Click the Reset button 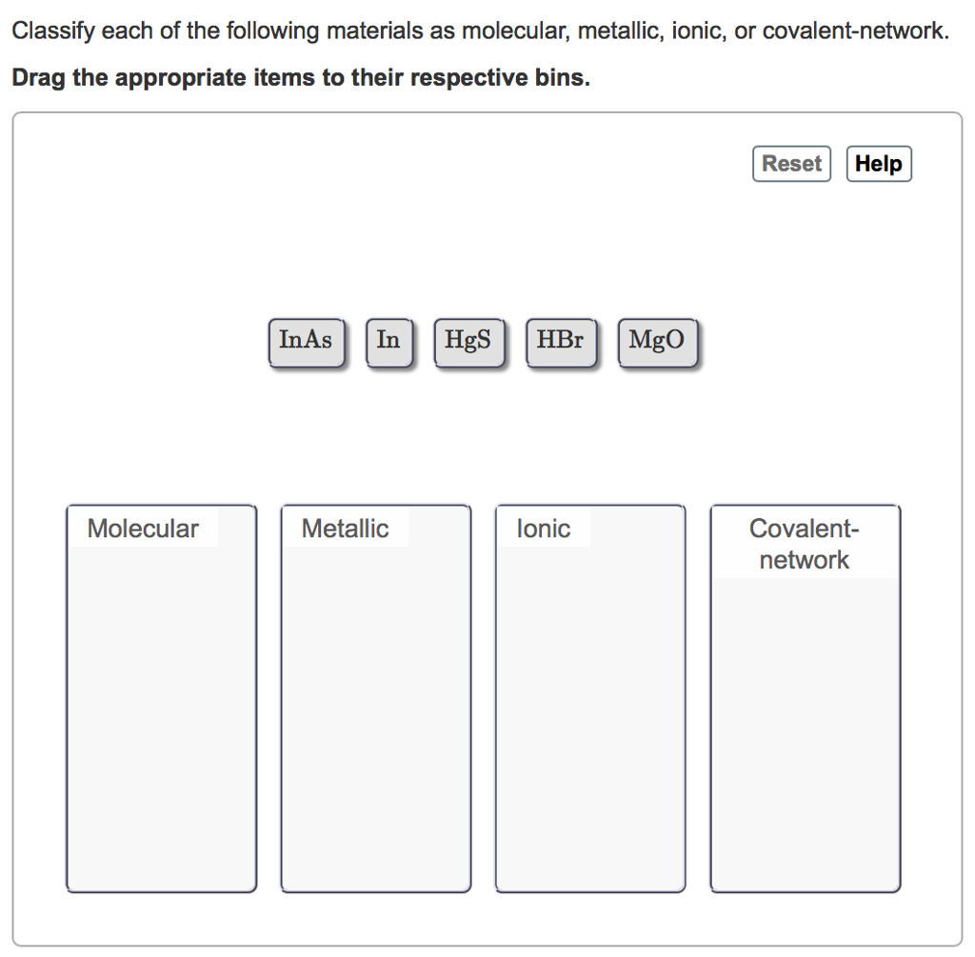[x=791, y=164]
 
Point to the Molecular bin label [x=143, y=528]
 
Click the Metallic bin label [x=345, y=528]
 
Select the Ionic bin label [x=544, y=528]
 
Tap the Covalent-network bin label [x=804, y=544]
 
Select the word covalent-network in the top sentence [x=856, y=31]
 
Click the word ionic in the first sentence [x=698, y=31]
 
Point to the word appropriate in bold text [x=178, y=78]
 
